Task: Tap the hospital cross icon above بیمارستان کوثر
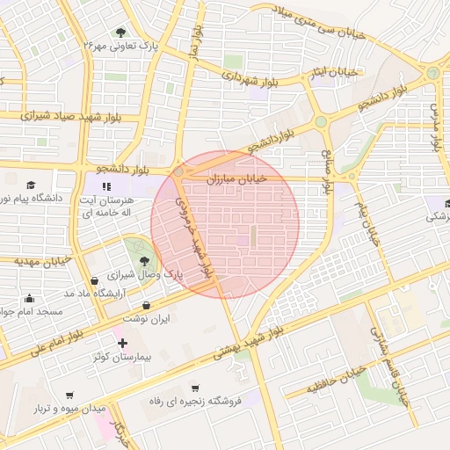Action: (x=122, y=343)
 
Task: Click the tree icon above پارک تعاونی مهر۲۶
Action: (x=120, y=32)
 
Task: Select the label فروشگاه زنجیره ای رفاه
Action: (x=193, y=402)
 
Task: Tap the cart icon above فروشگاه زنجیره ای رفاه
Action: (x=194, y=387)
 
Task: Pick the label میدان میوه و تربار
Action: (x=70, y=410)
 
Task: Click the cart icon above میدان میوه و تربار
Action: (x=70, y=396)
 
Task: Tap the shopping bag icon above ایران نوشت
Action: (x=146, y=306)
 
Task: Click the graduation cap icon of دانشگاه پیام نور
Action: (x=32, y=185)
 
